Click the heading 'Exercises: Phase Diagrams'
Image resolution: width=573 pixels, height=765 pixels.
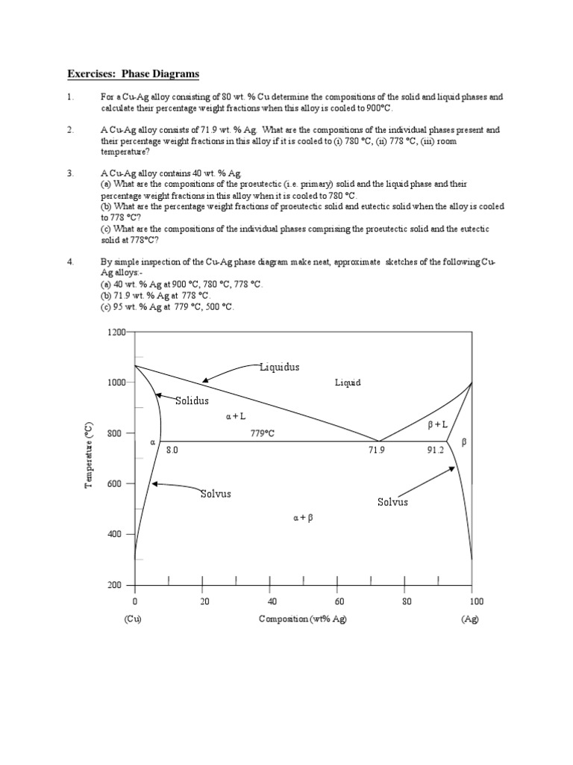(134, 74)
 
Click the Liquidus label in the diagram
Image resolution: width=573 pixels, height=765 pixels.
(280, 367)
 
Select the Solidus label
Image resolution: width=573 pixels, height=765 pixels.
(192, 401)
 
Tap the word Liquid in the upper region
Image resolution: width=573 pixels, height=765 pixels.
(348, 382)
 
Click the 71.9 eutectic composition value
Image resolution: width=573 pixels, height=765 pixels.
(377, 450)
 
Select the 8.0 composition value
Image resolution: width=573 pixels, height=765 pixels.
(172, 450)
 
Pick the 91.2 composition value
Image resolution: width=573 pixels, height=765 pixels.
(435, 450)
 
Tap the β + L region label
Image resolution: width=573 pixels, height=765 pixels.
(437, 424)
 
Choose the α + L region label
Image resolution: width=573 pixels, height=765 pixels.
(236, 416)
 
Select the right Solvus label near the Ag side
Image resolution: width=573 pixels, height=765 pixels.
(392, 502)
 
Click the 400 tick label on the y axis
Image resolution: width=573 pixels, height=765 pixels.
(117, 534)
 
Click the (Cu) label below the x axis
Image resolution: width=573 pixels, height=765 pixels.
(134, 619)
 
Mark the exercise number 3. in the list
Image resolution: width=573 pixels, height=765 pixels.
(70, 173)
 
